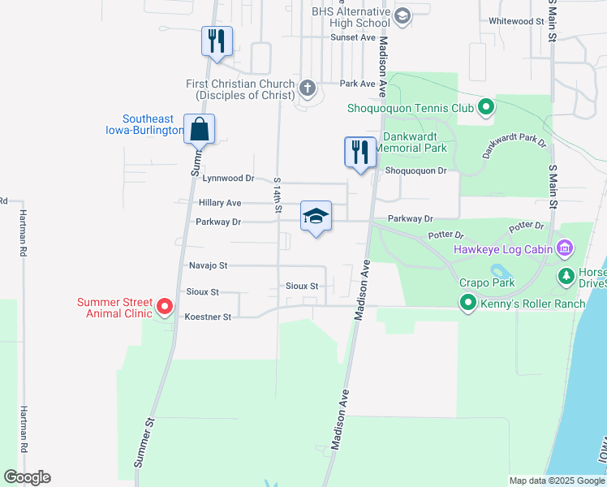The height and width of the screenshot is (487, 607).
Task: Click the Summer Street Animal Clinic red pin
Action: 165,307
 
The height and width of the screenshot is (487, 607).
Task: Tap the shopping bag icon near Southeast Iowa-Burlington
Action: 200,129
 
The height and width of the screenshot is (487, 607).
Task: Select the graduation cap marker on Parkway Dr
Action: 316,217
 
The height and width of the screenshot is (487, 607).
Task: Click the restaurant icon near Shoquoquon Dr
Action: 359,151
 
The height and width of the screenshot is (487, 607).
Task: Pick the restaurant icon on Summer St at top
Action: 217,41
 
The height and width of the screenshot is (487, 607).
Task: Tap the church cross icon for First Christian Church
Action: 308,87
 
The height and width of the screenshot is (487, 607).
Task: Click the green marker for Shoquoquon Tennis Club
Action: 485,106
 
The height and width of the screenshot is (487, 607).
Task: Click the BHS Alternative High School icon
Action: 402,15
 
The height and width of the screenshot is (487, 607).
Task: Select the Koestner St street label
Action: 209,317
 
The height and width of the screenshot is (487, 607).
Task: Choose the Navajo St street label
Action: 207,265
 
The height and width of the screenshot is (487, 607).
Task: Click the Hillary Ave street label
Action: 220,203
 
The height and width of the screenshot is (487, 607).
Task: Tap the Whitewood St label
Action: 516,21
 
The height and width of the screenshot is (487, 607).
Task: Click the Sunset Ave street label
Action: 358,37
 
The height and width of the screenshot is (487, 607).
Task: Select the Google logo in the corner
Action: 27,477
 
